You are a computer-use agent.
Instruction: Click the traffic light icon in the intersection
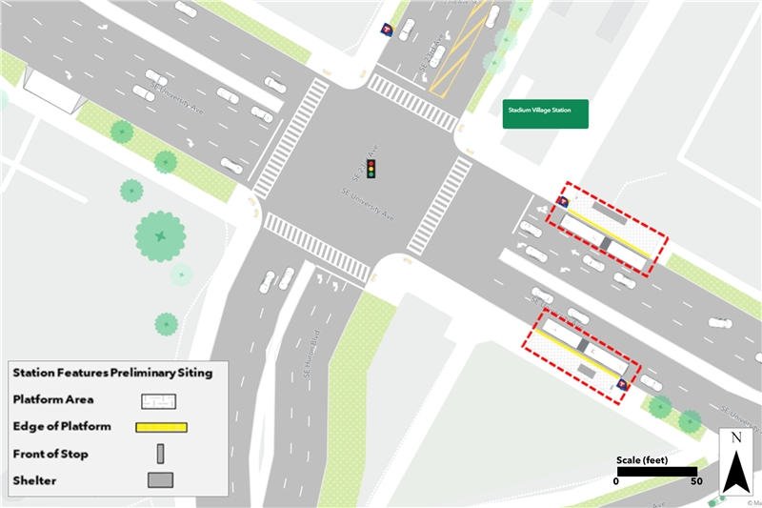click(372, 171)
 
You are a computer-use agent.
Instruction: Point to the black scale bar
click(657, 470)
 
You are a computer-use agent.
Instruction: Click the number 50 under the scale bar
click(696, 482)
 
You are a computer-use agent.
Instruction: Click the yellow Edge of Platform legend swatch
click(163, 426)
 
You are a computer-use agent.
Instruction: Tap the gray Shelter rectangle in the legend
click(160, 479)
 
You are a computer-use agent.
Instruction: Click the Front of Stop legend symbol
click(160, 453)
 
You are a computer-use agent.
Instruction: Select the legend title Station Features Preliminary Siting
click(112, 373)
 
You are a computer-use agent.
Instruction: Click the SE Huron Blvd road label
click(311, 352)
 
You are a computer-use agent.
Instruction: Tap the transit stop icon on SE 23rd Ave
click(387, 30)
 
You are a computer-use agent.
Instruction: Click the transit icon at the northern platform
click(563, 202)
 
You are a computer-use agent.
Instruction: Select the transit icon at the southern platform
click(623, 384)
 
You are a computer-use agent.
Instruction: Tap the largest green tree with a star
click(160, 234)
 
